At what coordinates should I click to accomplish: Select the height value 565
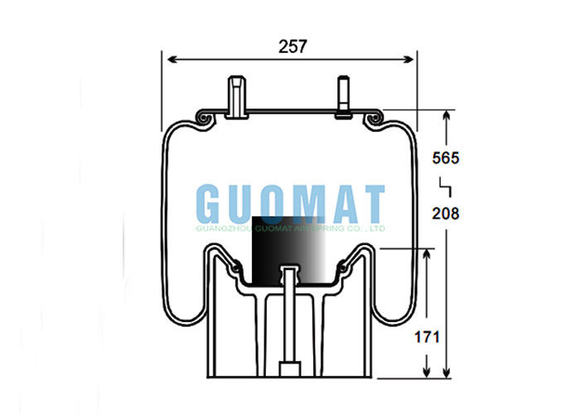(446, 157)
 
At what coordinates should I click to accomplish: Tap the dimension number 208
(446, 213)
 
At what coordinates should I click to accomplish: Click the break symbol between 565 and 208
(445, 184)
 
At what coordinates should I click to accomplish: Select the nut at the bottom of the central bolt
(288, 369)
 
